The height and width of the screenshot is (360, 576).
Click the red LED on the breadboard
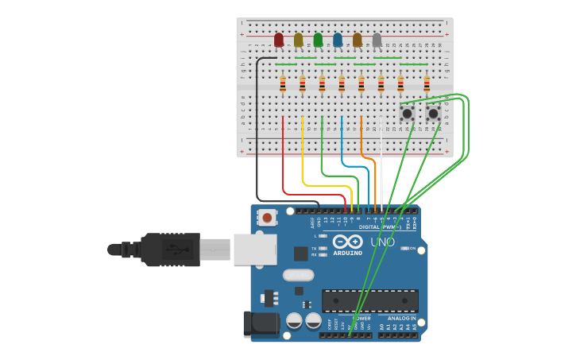[279, 40]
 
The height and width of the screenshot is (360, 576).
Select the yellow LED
[299, 40]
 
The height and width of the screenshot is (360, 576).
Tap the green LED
[318, 40]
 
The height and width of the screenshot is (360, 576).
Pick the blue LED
[338, 40]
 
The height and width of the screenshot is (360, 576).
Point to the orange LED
[358, 40]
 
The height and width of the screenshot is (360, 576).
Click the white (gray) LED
[377, 40]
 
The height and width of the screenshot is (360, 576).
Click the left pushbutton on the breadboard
[407, 114]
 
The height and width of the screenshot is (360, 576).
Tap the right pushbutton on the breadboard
[433, 114]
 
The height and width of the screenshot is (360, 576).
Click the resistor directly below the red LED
[283, 83]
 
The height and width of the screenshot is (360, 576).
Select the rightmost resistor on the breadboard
[427, 83]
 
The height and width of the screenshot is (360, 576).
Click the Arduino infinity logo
[347, 242]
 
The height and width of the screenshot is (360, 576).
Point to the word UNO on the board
[382, 242]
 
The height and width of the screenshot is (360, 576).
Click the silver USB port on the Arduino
[255, 249]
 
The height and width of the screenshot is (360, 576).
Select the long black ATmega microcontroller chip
[369, 300]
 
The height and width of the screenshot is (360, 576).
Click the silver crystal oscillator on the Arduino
[298, 276]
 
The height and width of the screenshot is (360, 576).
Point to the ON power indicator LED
[408, 249]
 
